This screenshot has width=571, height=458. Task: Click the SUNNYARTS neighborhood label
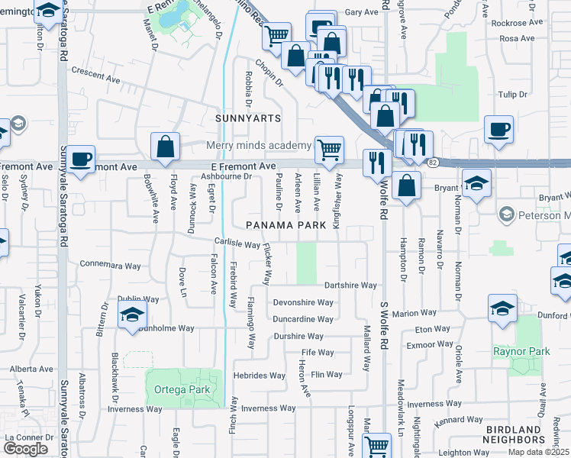(248, 119)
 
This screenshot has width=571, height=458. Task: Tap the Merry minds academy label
(259, 146)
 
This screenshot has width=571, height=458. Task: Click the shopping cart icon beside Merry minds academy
(329, 148)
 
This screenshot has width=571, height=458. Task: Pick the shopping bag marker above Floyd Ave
(165, 146)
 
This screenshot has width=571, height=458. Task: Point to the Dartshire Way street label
(350, 285)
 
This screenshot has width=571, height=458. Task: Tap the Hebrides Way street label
(260, 376)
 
